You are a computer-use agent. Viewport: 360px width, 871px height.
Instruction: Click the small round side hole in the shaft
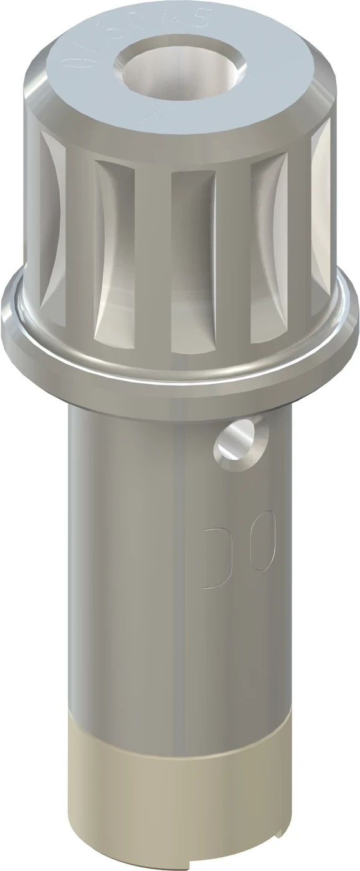click(x=239, y=441)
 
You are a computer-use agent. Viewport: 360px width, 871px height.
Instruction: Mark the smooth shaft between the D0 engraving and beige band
click(x=181, y=654)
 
